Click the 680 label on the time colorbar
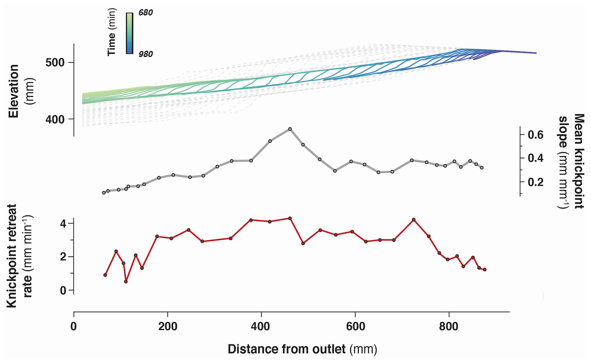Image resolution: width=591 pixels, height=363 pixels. [145, 13]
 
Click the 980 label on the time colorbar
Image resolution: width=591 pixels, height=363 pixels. [145, 54]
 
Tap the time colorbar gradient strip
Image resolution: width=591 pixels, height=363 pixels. [130, 33]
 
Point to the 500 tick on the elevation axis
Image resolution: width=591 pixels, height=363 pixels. [55, 62]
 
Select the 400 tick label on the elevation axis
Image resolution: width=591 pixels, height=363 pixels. [55, 119]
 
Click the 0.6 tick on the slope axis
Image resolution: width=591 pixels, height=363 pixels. [535, 135]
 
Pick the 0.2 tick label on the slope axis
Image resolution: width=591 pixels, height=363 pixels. [535, 182]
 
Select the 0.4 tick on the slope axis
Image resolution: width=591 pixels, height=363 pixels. [535, 158]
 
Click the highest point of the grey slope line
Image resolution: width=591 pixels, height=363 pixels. [290, 129]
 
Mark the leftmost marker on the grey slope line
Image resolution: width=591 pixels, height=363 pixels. [104, 193]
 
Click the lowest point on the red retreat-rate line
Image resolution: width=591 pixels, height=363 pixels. [126, 282]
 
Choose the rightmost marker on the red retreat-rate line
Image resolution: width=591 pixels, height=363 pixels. [485, 270]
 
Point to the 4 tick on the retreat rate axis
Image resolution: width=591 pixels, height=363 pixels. [63, 223]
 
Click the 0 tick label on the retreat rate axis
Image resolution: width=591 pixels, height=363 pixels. [63, 291]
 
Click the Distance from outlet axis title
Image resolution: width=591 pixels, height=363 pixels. [302, 349]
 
